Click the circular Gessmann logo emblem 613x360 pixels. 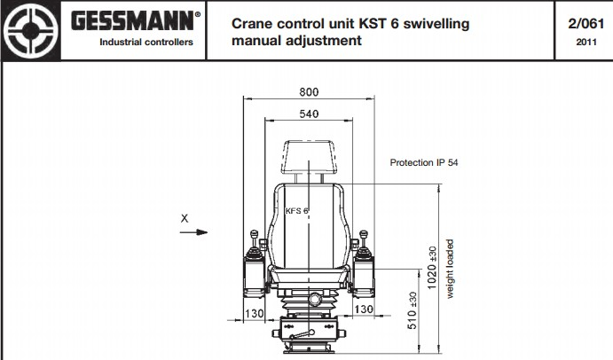(31, 30)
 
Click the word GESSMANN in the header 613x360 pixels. (132, 20)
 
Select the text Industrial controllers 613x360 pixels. (146, 43)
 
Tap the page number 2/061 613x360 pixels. (586, 23)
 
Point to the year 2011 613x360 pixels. (586, 42)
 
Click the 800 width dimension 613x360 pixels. (309, 92)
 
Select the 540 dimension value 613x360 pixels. (309, 113)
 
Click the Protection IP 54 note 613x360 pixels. (424, 162)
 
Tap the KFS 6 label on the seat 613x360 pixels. (296, 211)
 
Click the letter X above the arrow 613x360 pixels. (185, 218)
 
